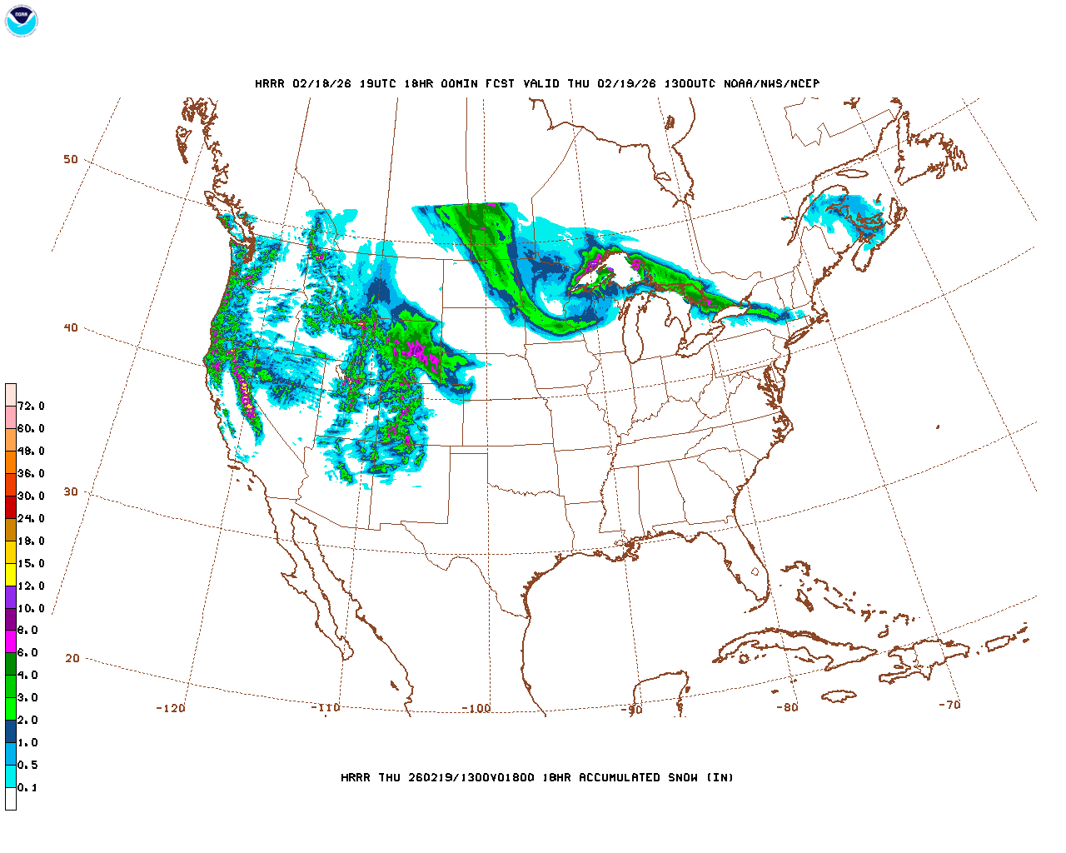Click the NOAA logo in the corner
tap(21, 21)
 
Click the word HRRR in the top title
tap(270, 83)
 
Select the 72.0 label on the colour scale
tap(31, 407)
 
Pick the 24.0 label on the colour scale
tap(31, 519)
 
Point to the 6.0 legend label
tap(27, 653)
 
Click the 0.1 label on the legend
tap(27, 788)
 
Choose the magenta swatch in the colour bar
tap(11, 641)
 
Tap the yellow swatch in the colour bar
tap(11, 574)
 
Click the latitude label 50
tap(71, 160)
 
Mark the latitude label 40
tap(71, 328)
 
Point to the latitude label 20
tap(72, 659)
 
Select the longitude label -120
tap(171, 709)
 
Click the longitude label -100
tap(476, 709)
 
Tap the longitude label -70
tap(949, 705)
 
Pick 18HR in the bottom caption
tap(556, 778)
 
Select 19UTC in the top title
tap(377, 83)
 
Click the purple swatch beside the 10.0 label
tap(11, 596)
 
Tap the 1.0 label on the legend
tap(27, 743)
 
